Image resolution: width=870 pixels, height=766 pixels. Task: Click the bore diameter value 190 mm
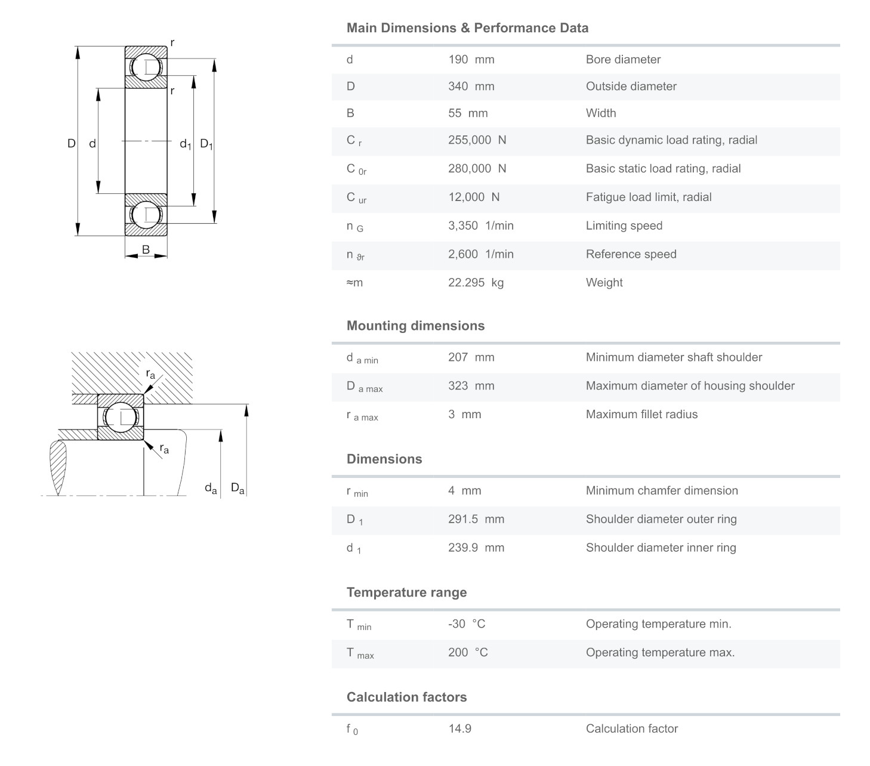[471, 60]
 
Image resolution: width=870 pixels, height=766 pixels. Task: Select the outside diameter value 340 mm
[471, 87]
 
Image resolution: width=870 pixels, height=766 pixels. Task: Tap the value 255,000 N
[477, 140]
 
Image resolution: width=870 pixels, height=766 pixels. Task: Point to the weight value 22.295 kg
[476, 283]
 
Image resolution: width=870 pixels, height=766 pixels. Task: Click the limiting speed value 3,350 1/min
[480, 226]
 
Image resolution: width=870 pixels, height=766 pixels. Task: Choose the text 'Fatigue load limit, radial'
[648, 197]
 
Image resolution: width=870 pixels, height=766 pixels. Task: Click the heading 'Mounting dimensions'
[415, 326]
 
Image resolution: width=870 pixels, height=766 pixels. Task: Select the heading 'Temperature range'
[406, 592]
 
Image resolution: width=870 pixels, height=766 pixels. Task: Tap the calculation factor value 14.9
[459, 728]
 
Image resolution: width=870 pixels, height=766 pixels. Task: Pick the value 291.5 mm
[476, 519]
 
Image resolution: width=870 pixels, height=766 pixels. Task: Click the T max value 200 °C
[468, 653]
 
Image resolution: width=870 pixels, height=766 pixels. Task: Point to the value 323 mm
[471, 386]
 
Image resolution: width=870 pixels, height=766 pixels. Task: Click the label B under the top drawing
[146, 250]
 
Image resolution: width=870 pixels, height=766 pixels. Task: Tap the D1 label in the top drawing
[206, 144]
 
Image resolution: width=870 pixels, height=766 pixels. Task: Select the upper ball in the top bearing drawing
[146, 67]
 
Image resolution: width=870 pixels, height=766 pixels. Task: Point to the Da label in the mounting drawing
[237, 489]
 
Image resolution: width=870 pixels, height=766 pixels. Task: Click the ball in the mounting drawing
[121, 417]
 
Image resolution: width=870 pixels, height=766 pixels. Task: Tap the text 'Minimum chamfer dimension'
[661, 491]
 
